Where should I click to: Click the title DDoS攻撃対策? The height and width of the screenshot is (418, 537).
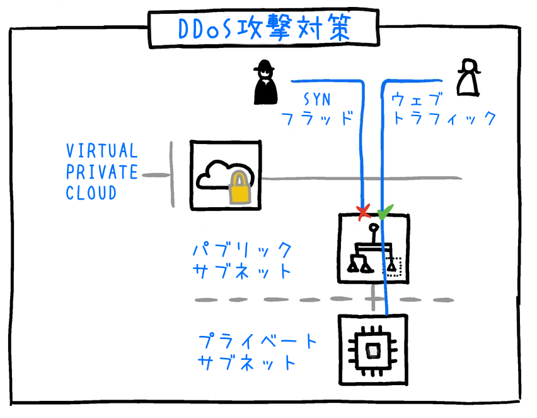pos(263,28)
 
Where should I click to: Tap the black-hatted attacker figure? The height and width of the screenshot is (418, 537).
pos(265,83)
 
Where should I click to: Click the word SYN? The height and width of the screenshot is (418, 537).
pos(321,99)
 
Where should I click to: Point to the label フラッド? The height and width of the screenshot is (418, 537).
pos(316,119)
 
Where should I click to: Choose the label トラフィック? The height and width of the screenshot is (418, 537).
pos(443,119)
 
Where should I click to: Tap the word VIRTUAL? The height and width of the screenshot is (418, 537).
pos(101,151)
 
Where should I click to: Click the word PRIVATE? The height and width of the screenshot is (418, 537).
pos(101,172)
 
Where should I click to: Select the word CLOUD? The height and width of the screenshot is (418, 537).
pos(91,193)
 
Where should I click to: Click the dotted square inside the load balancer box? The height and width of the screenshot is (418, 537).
pos(393,266)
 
